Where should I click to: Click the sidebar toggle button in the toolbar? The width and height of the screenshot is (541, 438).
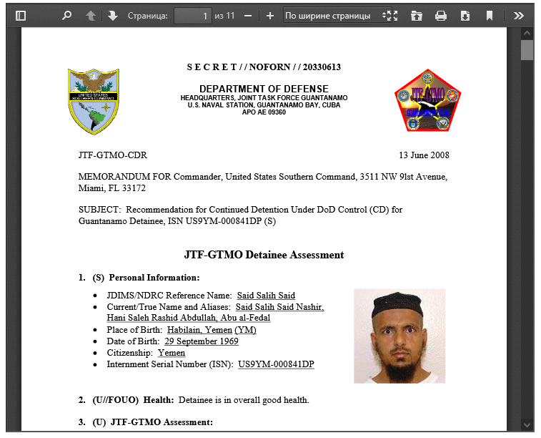pyautogui.click(x=20, y=15)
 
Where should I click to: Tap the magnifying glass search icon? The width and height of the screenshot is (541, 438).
pyautogui.click(x=66, y=15)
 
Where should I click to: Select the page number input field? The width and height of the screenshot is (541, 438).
pyautogui.click(x=193, y=15)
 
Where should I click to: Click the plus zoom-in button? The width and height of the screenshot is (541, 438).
pyautogui.click(x=269, y=15)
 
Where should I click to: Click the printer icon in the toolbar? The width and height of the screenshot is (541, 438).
pyautogui.click(x=441, y=15)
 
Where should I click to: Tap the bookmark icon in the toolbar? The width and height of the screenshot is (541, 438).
pyautogui.click(x=490, y=15)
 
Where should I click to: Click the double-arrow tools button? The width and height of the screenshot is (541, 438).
pyautogui.click(x=519, y=15)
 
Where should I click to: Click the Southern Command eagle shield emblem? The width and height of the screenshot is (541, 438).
pyautogui.click(x=93, y=102)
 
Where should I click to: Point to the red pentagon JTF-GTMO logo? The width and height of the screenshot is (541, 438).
pyautogui.click(x=427, y=101)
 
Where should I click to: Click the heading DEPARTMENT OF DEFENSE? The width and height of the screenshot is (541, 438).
pyautogui.click(x=264, y=88)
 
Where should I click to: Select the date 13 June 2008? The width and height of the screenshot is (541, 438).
pyautogui.click(x=424, y=155)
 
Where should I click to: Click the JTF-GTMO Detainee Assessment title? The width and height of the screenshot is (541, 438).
pyautogui.click(x=264, y=255)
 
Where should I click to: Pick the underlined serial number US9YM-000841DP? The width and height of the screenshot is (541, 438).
pyautogui.click(x=276, y=364)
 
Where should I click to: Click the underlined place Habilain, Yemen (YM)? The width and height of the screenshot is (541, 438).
pyautogui.click(x=212, y=330)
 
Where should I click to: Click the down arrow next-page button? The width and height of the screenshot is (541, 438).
pyautogui.click(x=113, y=15)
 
